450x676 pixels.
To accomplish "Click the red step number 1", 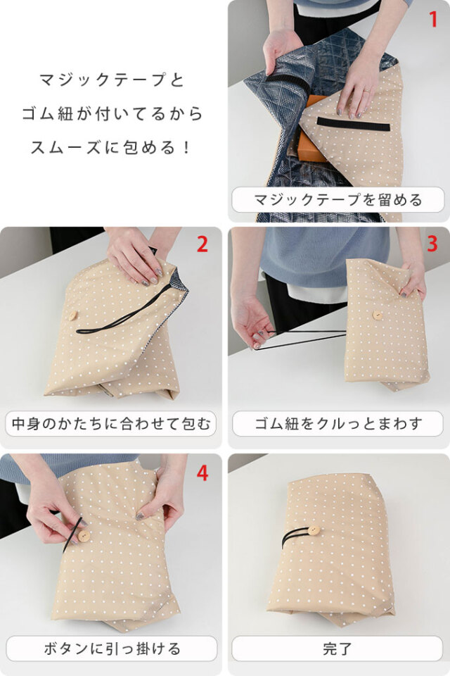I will [432, 19].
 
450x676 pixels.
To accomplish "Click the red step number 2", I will [202, 244].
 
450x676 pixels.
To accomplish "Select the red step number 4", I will [202, 472].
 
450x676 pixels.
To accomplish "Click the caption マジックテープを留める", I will [338, 200].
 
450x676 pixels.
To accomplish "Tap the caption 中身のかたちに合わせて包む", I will [111, 425].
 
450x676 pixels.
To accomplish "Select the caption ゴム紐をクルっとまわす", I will [338, 425].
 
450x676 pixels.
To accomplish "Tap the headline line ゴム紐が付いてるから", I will [112, 113].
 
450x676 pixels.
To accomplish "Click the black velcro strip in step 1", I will [353, 124].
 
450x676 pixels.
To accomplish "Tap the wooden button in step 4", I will [84, 537].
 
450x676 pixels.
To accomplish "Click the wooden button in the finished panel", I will [314, 531].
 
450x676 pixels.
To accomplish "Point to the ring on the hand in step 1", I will [367, 89].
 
